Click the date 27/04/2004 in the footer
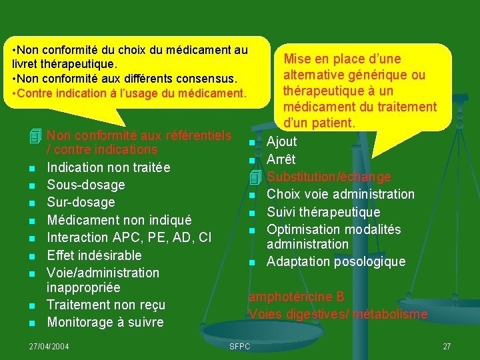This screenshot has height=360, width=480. coord(49,346)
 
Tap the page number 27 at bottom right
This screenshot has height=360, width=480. coord(447,346)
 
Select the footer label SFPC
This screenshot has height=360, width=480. coord(239,346)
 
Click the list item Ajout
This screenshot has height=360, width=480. coord(281,141)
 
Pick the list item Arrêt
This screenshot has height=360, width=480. coord(281,159)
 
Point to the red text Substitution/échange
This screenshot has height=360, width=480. coord(329,177)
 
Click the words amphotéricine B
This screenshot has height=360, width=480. coord(296,297)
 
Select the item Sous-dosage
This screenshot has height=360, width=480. coord(85,185)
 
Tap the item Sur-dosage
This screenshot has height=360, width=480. coord(81,202)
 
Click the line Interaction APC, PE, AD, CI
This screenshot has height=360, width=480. coord(129,237)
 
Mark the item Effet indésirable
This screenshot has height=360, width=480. coord(94,255)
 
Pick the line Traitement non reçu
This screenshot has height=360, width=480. coord(105,305)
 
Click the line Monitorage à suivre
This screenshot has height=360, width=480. coord(105,322)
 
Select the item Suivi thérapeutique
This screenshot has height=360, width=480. coord(323,212)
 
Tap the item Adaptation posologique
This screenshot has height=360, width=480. coord(335,261)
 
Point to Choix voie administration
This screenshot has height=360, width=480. coord(340,194)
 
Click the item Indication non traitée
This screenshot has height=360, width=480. coord(108,167)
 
